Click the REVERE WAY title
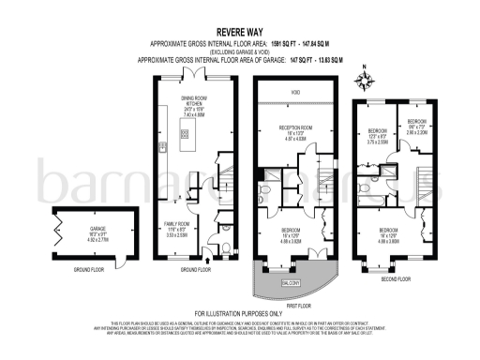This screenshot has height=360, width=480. tap(239, 30)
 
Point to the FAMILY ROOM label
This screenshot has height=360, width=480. tap(177, 226)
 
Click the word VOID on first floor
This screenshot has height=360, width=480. tap(295, 93)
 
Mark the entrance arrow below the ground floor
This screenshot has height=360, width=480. tap(207, 272)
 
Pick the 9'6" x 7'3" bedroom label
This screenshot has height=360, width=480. tap(417, 127)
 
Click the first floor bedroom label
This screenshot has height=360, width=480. tap(292, 234)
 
